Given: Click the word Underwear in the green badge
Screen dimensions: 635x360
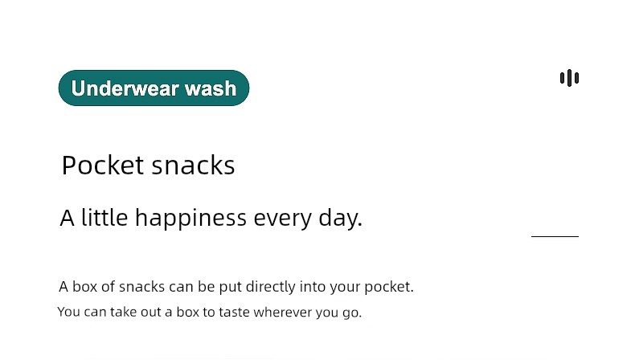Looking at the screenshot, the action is point(125,88).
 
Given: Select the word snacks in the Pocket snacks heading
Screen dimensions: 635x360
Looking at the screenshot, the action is point(193,165).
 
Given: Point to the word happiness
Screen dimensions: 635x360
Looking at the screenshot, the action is point(190,219).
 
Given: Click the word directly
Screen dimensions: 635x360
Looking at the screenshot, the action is point(271,287).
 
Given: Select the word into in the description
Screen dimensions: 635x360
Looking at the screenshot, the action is point(313,287).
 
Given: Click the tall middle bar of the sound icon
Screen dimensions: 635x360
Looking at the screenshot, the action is point(569,78).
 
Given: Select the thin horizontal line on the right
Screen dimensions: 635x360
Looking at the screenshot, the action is point(555,236).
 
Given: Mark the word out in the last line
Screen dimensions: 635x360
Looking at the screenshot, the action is point(150,313).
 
